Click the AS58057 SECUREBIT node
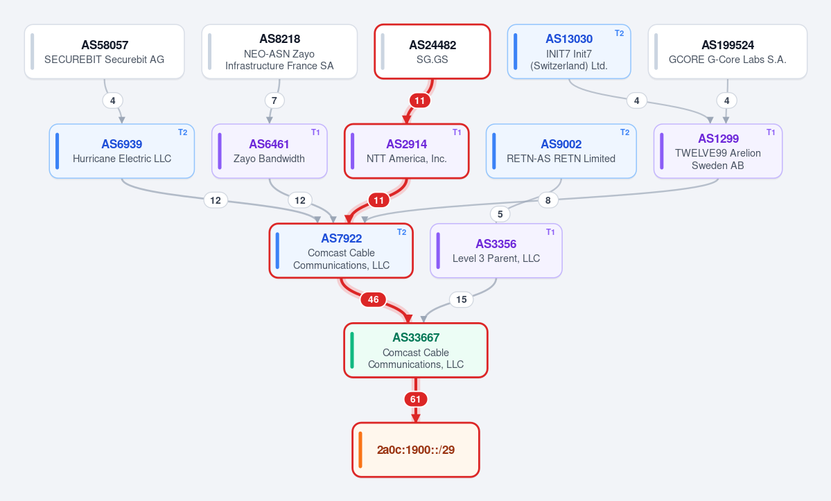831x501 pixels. tap(105, 51)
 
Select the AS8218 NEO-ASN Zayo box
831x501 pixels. tap(279, 51)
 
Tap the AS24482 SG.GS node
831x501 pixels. tap(432, 51)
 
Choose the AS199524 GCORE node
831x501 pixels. tap(728, 51)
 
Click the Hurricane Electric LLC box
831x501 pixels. tap(122, 151)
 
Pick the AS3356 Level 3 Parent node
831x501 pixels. tap(496, 251)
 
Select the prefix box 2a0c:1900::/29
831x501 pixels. tap(416, 450)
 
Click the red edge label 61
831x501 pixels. tap(416, 399)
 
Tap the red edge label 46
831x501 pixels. tap(373, 300)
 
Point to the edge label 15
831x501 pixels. tap(462, 300)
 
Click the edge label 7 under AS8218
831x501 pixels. tap(274, 100)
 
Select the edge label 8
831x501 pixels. tap(548, 200)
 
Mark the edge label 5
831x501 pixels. tap(500, 214)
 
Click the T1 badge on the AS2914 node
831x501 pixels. tap(457, 132)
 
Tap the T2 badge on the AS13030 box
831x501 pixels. tap(619, 33)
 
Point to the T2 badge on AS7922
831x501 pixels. tap(402, 232)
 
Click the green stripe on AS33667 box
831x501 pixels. tap(352, 350)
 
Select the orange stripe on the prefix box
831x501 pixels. tap(360, 450)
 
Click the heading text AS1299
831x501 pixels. tap(718, 139)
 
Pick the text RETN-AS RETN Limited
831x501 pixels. tap(561, 159)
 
